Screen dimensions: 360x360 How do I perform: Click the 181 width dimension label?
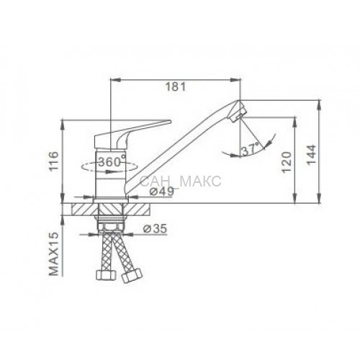tap(176, 86)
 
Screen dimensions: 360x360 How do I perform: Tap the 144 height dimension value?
tap(312, 155)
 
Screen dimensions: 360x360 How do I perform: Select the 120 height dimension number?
tap(287, 162)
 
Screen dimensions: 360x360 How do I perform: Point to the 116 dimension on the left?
tap(53, 161)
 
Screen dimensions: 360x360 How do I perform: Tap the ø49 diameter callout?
tap(161, 192)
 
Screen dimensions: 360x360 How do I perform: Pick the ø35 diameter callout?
tap(155, 229)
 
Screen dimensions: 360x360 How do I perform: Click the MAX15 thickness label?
tap(54, 253)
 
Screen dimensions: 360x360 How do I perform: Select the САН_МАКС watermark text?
tap(181, 181)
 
